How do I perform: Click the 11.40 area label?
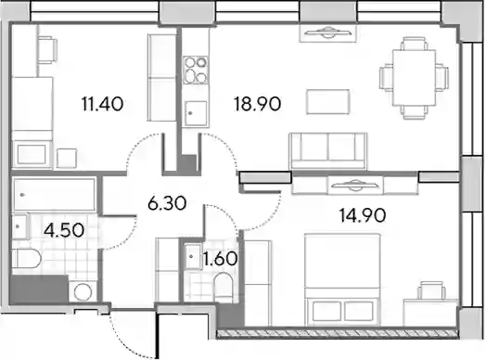coord(102,104)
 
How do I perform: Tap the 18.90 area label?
coord(258,104)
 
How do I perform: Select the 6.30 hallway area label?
coord(167,203)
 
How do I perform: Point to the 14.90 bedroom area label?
coord(363,215)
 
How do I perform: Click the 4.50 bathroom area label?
coord(64,230)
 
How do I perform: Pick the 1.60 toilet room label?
coord(220,259)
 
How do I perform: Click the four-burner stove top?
coord(195,70)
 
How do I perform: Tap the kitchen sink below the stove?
coord(196,113)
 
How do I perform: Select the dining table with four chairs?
coord(415,78)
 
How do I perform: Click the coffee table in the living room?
coord(328,101)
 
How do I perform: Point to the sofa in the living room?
coord(328,151)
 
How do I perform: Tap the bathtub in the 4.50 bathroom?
coord(54,195)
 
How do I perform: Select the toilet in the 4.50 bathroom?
coord(27,259)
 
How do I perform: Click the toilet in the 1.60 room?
coord(223,288)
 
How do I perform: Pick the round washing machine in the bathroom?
coord(83,291)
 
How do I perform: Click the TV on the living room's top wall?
coord(328,32)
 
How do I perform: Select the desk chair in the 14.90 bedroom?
coord(432,290)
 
